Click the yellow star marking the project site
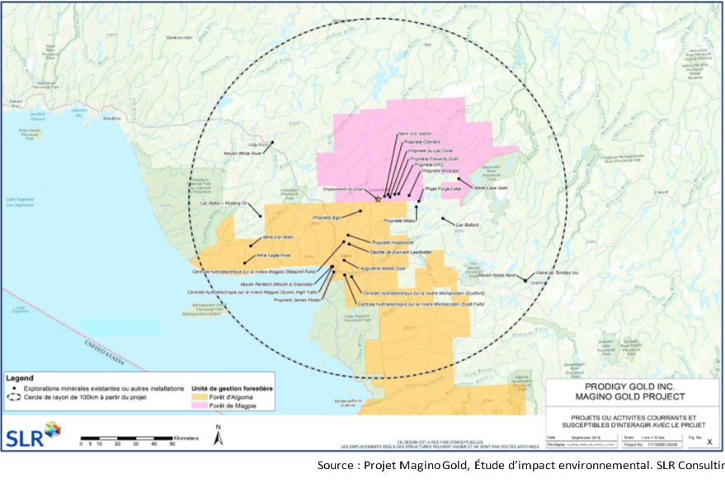379,199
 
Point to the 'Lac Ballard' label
467,223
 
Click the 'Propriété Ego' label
327,217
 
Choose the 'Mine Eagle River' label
275,255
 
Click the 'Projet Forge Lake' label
442,188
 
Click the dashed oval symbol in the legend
14,396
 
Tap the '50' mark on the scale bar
172,444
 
